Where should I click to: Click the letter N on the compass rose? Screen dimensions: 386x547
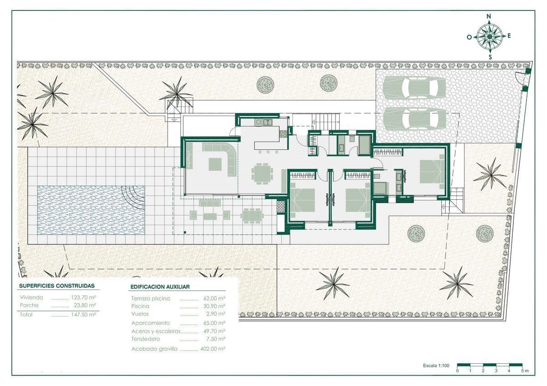pos(489,16)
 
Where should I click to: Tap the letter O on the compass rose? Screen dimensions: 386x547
pos(469,37)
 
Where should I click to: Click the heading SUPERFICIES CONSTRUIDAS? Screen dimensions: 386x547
pos(57,286)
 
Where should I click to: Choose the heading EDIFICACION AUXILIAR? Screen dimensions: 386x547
pos(160,287)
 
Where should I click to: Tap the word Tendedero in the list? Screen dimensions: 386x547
pos(145,339)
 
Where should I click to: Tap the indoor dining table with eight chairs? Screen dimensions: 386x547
pos(262,173)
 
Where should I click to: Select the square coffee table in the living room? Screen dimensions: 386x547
pos(215,164)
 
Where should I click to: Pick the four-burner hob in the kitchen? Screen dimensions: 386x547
pos(283,133)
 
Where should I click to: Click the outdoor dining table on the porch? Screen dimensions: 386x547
pos(252,215)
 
